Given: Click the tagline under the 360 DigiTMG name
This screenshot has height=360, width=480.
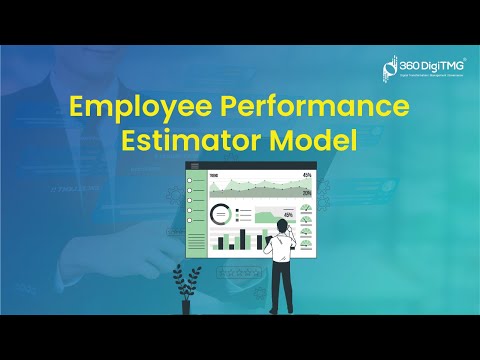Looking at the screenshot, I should (x=425, y=76).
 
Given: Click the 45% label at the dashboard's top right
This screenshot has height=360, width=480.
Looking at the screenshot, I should (x=306, y=176).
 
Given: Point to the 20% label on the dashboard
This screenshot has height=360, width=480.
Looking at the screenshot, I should (x=306, y=193).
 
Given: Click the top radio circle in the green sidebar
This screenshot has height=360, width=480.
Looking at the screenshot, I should (x=190, y=179).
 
